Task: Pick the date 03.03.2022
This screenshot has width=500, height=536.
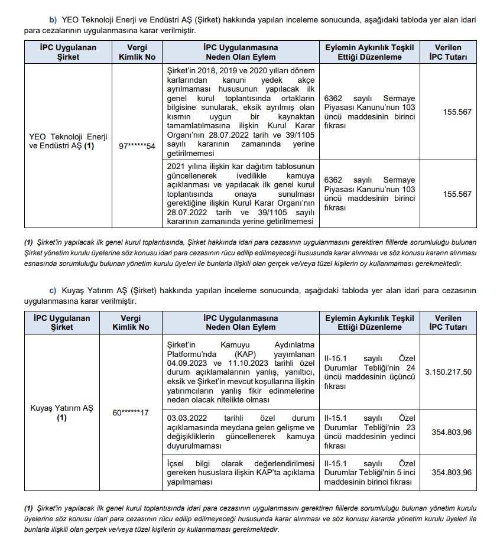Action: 188,418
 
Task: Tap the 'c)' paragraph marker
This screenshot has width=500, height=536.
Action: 53,291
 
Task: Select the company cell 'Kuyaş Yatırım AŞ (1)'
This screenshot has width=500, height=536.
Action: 62,412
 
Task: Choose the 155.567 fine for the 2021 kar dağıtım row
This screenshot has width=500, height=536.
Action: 457,194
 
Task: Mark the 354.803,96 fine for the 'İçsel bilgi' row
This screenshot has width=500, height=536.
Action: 452,472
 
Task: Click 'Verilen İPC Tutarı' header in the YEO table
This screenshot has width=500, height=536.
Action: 448,52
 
